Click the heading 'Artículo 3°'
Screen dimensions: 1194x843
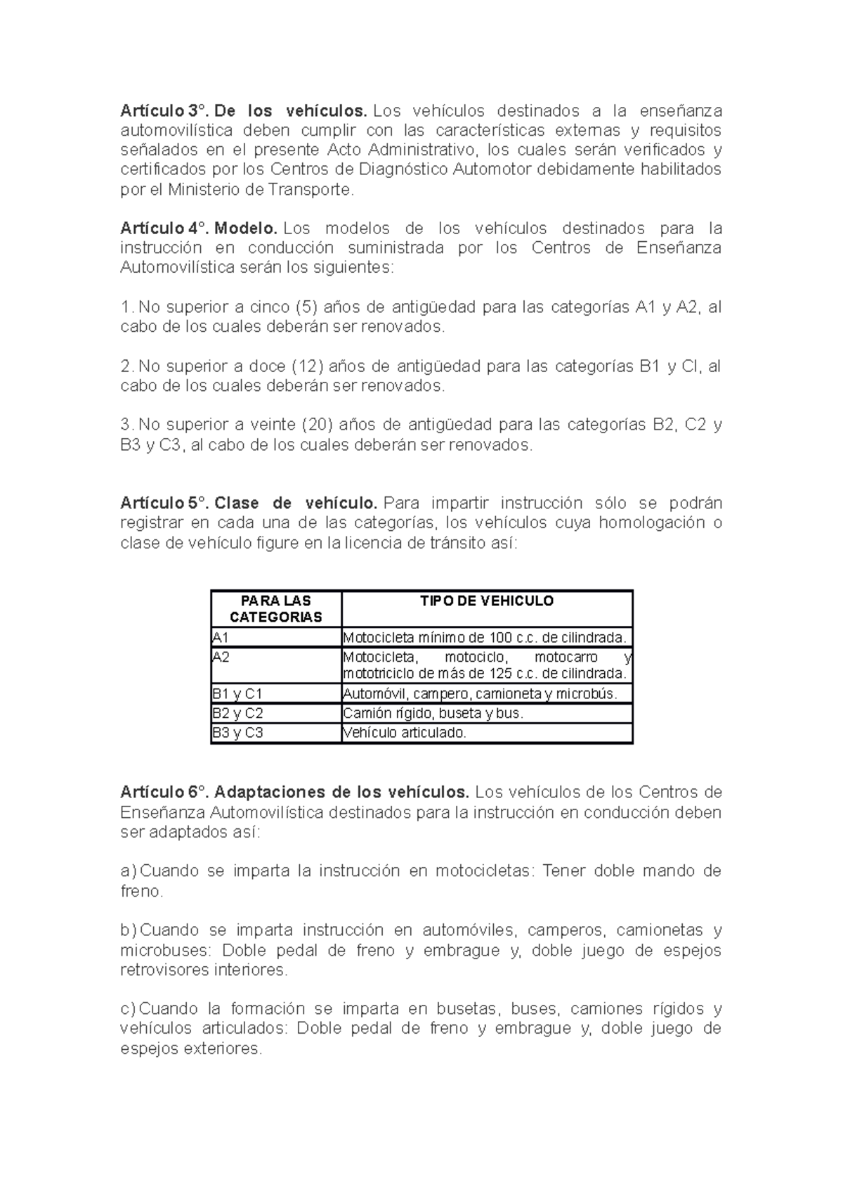click(x=164, y=111)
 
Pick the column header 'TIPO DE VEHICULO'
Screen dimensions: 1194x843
click(x=487, y=601)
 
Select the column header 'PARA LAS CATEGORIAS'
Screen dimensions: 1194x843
click(x=275, y=609)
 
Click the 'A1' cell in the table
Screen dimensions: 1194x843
click(x=221, y=638)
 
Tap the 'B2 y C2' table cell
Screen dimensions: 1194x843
click(x=237, y=713)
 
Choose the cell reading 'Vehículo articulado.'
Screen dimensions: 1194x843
click(x=404, y=733)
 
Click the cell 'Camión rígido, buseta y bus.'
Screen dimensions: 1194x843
click(x=433, y=713)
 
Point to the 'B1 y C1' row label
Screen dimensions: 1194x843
click(x=237, y=694)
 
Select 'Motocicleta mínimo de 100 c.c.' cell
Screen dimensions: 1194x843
click(x=483, y=638)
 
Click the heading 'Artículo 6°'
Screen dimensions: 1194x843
click(x=164, y=792)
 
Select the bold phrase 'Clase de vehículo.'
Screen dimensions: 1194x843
click(x=296, y=503)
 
